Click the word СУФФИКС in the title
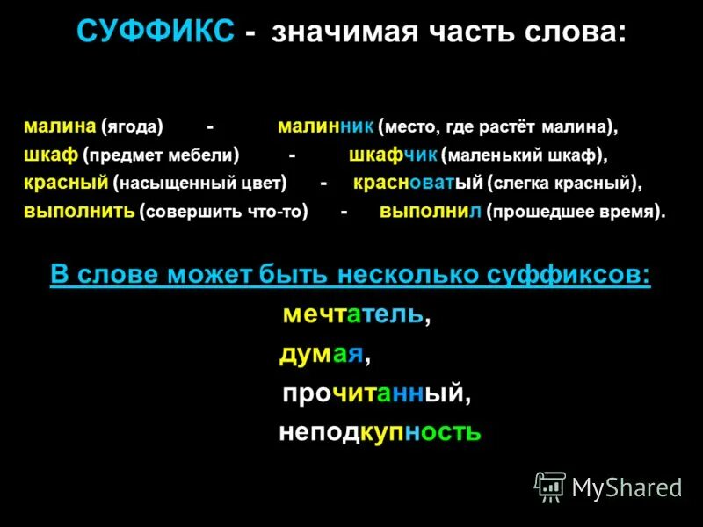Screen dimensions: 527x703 tap(155, 33)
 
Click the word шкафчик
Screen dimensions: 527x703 tap(393, 155)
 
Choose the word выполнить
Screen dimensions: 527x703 tap(79, 212)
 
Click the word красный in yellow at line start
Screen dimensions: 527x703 tap(66, 184)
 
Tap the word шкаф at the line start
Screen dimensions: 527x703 tap(51, 155)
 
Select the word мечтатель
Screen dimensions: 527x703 tap(353, 314)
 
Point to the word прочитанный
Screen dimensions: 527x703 tap(372, 393)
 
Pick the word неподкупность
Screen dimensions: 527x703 tap(380, 432)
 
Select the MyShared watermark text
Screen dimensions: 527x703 tap(627, 487)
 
